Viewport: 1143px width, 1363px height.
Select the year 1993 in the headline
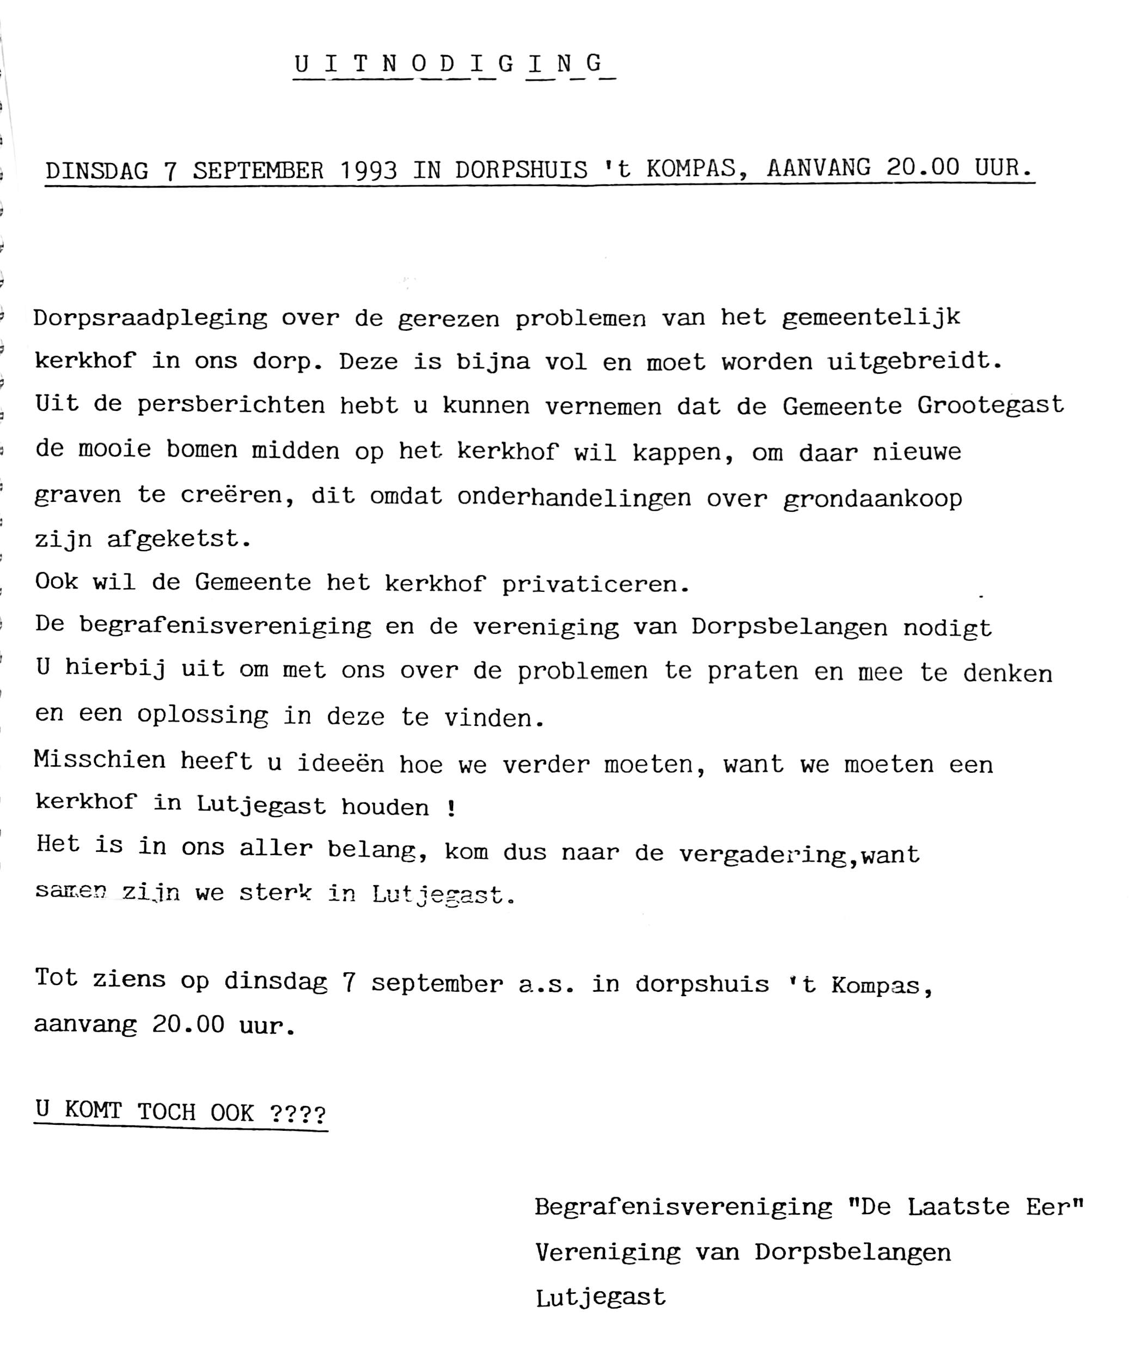point(369,170)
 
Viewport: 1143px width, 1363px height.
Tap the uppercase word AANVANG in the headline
point(818,168)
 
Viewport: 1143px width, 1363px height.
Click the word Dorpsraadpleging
point(150,319)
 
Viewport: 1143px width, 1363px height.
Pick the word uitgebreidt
point(915,361)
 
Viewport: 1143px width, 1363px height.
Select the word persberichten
point(231,405)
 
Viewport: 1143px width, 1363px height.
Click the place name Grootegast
point(991,405)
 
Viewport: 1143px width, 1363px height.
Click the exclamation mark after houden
point(451,809)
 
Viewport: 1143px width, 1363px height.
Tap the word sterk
point(275,894)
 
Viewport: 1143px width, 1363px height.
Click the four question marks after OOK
point(298,1112)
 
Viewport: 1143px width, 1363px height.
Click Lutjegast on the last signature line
point(601,1298)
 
